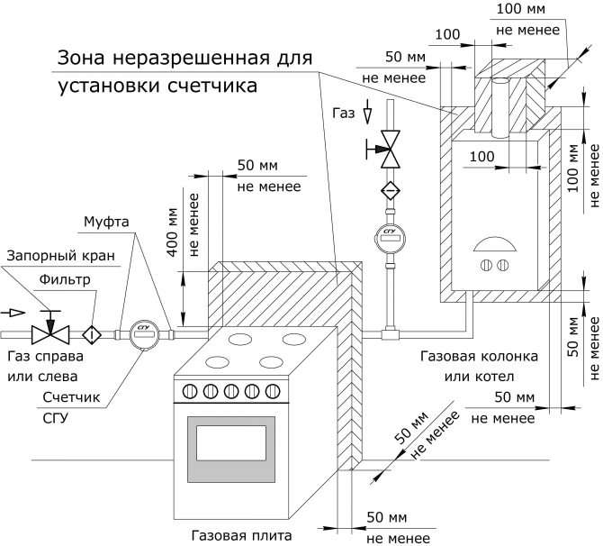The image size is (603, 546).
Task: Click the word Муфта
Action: coord(106,222)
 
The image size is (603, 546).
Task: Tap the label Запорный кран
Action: coord(61,256)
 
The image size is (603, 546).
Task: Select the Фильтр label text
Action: coord(65,279)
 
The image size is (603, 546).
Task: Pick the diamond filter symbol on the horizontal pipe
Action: coord(92,334)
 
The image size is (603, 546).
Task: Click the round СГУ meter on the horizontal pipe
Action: coord(144,334)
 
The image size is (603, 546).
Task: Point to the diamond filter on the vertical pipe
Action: coord(390,191)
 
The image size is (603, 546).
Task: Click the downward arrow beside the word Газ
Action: coord(368,112)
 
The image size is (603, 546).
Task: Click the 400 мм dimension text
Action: coord(174,232)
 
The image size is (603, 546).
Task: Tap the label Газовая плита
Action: coord(241,535)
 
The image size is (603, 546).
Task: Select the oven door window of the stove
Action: coord(231,442)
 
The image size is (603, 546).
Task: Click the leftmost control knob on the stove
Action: coord(190,392)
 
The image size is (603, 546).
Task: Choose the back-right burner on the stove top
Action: coord(293,340)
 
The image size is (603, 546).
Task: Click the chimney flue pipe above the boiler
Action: coord(500,108)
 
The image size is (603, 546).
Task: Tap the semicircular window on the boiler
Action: coord(495,244)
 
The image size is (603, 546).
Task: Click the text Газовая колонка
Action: coord(479,356)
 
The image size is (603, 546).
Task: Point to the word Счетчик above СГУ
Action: coord(71,397)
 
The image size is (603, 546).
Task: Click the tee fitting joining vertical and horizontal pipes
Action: coord(390,334)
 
